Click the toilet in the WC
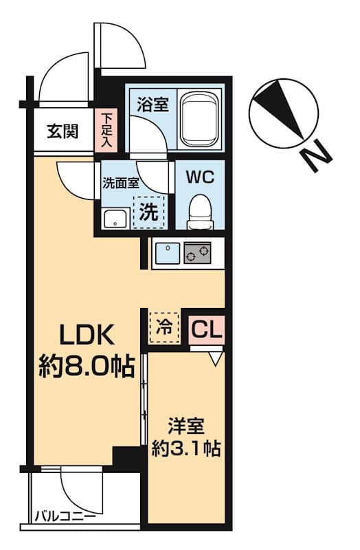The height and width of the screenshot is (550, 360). [x=200, y=208]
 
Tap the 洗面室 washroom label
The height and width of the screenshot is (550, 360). [x=120, y=183]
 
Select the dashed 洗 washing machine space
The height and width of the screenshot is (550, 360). [x=149, y=212]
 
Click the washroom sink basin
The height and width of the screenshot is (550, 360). [x=114, y=219]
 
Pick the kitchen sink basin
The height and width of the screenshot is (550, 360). [x=166, y=254]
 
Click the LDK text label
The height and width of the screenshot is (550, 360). [x=83, y=337]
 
